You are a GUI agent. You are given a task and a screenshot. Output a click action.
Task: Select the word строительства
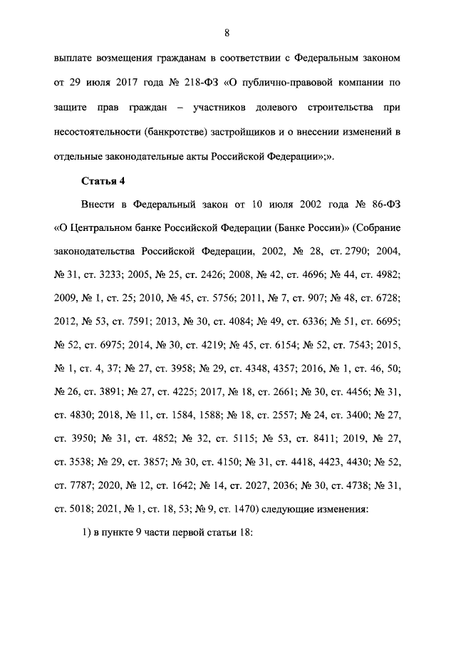click(341, 107)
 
